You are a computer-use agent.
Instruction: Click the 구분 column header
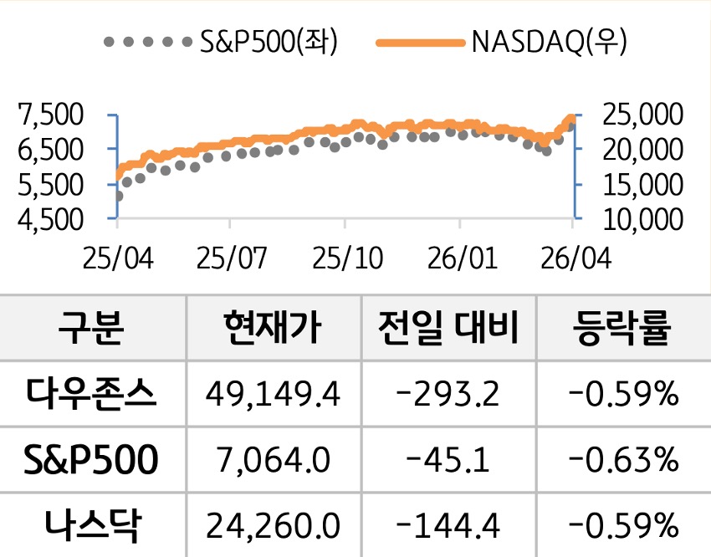[92, 329]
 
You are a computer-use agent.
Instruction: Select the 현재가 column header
[271, 329]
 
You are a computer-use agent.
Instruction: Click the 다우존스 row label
[92, 392]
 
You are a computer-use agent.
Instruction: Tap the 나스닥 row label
[92, 525]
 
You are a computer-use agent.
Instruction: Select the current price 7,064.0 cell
[271, 459]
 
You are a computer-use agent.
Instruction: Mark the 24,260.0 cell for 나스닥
[271, 525]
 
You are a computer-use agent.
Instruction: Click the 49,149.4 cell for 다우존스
[271, 392]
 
